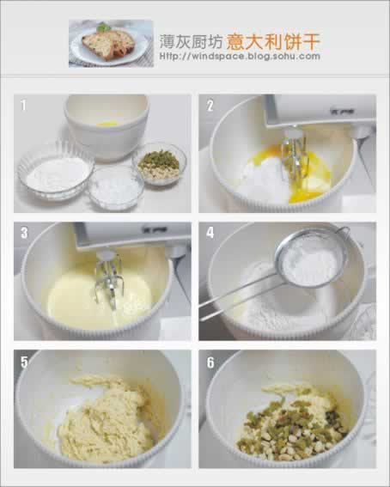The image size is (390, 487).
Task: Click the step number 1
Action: pos(23,106)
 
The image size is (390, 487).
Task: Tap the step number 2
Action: pos(210,106)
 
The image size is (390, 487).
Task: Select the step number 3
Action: pos(24,233)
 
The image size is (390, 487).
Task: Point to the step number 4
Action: pos(210,233)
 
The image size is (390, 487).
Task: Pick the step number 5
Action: pos(24,362)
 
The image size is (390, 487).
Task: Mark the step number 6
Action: pos(210,362)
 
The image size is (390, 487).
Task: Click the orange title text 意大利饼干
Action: pos(273,41)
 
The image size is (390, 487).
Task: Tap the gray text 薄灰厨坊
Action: pos(191,41)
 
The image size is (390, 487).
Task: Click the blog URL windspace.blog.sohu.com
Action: pos(240,57)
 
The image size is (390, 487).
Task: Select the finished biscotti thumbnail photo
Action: pos(111,43)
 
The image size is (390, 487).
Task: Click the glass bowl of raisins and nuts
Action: pos(159,164)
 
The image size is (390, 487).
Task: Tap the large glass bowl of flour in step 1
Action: pos(56,172)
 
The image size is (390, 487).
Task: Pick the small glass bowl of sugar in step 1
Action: pos(115,187)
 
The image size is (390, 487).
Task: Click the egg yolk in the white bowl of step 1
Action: pos(107,124)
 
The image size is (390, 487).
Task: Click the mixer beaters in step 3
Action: pos(109,280)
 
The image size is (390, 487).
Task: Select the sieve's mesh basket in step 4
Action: pos(310,261)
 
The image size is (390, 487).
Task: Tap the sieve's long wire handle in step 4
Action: pos(241,299)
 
